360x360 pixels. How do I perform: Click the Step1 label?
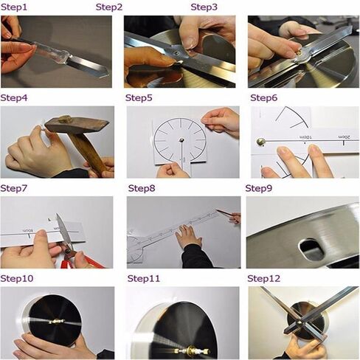click(x=14, y=8)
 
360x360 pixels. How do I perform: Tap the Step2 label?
click(x=109, y=8)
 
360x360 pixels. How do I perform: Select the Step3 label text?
click(x=204, y=7)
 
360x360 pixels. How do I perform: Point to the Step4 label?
click(x=15, y=98)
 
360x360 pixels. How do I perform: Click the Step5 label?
click(x=139, y=98)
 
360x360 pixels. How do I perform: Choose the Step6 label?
click(x=264, y=98)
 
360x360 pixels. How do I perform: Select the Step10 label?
click(x=17, y=279)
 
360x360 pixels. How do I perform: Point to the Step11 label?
click(x=144, y=279)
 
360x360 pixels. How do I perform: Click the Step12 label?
click(x=264, y=279)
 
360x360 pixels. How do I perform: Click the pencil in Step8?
click(x=226, y=215)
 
